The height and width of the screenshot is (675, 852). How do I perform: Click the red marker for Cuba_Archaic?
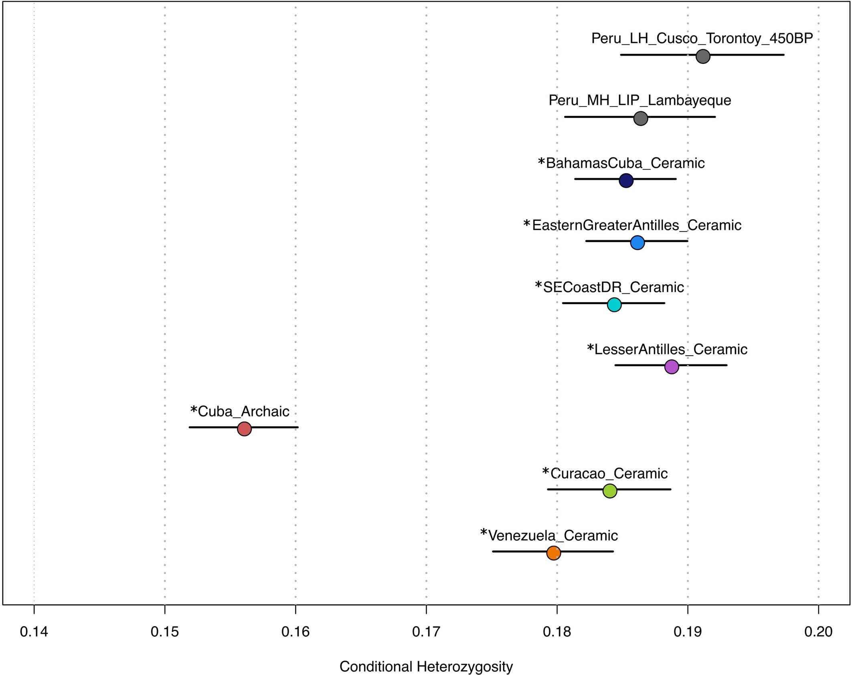[x=244, y=429]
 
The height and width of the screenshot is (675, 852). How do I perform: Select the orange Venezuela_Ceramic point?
[x=553, y=553]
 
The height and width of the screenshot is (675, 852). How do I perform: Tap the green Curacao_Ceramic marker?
[x=610, y=491]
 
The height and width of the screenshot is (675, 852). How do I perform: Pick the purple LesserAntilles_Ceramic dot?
[x=672, y=367]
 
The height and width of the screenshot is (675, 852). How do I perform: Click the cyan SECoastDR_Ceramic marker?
[x=614, y=305]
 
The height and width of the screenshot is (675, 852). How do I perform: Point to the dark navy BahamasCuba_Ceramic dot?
[x=626, y=180]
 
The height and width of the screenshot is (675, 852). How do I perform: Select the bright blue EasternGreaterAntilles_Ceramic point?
[x=637, y=243]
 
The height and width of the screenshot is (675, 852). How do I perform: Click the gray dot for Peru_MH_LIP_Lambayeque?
[x=641, y=119]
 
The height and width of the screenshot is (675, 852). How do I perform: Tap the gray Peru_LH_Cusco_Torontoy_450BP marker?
[x=703, y=57]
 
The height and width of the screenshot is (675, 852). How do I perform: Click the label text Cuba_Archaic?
[x=243, y=412]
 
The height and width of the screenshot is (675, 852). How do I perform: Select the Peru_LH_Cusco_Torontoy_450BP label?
[x=702, y=38]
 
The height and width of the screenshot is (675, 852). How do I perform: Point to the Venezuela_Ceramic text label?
[x=553, y=536]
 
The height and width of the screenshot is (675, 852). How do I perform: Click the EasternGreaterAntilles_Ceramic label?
[x=636, y=225]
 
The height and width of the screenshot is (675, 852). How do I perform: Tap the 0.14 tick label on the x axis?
[x=34, y=632]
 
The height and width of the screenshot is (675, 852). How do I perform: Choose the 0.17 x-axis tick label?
[x=426, y=632]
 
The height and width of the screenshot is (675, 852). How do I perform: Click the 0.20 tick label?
[x=818, y=632]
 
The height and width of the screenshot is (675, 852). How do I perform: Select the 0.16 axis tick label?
[x=295, y=632]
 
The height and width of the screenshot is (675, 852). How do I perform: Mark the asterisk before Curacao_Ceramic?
[x=545, y=472]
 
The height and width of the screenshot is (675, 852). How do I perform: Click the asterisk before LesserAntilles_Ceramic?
[x=590, y=348]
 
